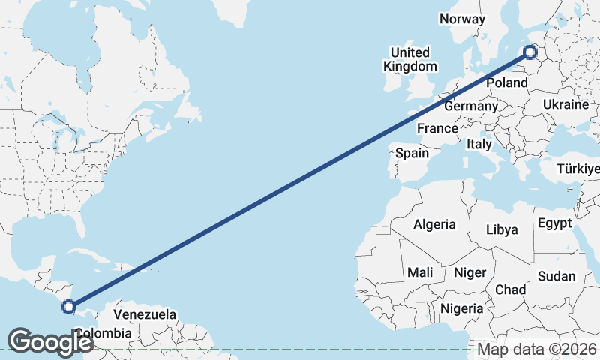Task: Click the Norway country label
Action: click(462, 19)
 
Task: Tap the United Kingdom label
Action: click(409, 59)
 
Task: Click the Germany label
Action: click(470, 106)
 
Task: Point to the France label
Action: click(437, 129)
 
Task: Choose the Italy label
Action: click(478, 144)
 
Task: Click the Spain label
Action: click(412, 154)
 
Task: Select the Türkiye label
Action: click(579, 169)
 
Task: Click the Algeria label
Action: click(434, 224)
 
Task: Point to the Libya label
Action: click(502, 229)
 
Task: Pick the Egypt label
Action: click(554, 223)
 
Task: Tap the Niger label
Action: click(470, 273)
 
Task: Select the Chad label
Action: click(510, 289)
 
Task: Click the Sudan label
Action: click(556, 276)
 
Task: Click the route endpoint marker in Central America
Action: click(69, 306)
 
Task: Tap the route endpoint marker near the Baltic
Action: click(530, 52)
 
